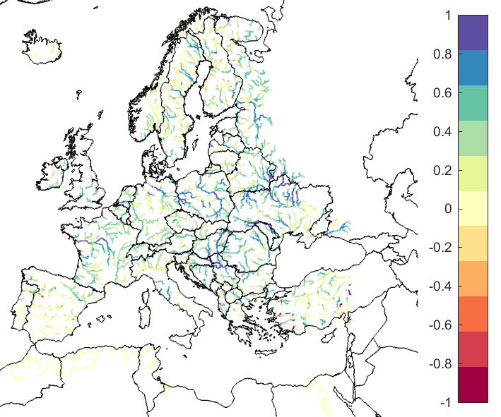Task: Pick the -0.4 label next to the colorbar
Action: (437, 286)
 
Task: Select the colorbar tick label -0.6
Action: (437, 325)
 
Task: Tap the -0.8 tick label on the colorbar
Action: (437, 364)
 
